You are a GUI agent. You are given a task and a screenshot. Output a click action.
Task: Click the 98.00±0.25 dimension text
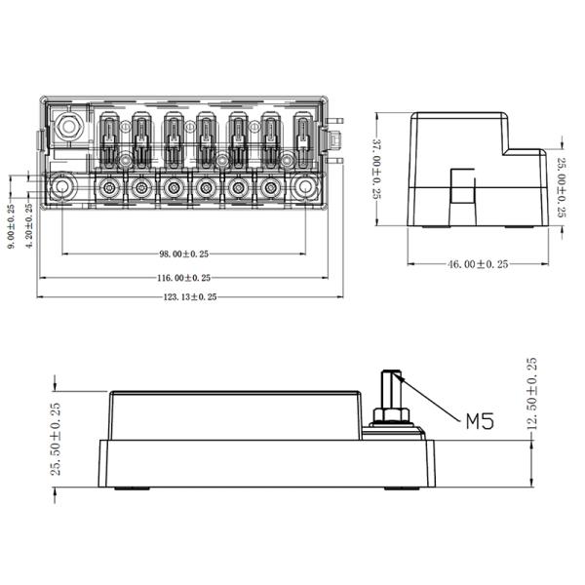point(184,253)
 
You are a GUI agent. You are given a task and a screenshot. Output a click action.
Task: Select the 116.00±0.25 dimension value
point(184,277)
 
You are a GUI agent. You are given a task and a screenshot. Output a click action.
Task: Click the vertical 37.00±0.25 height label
point(377,168)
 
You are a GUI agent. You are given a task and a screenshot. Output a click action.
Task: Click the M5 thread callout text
point(479,421)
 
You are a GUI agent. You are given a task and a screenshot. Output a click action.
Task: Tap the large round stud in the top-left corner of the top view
point(69,127)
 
